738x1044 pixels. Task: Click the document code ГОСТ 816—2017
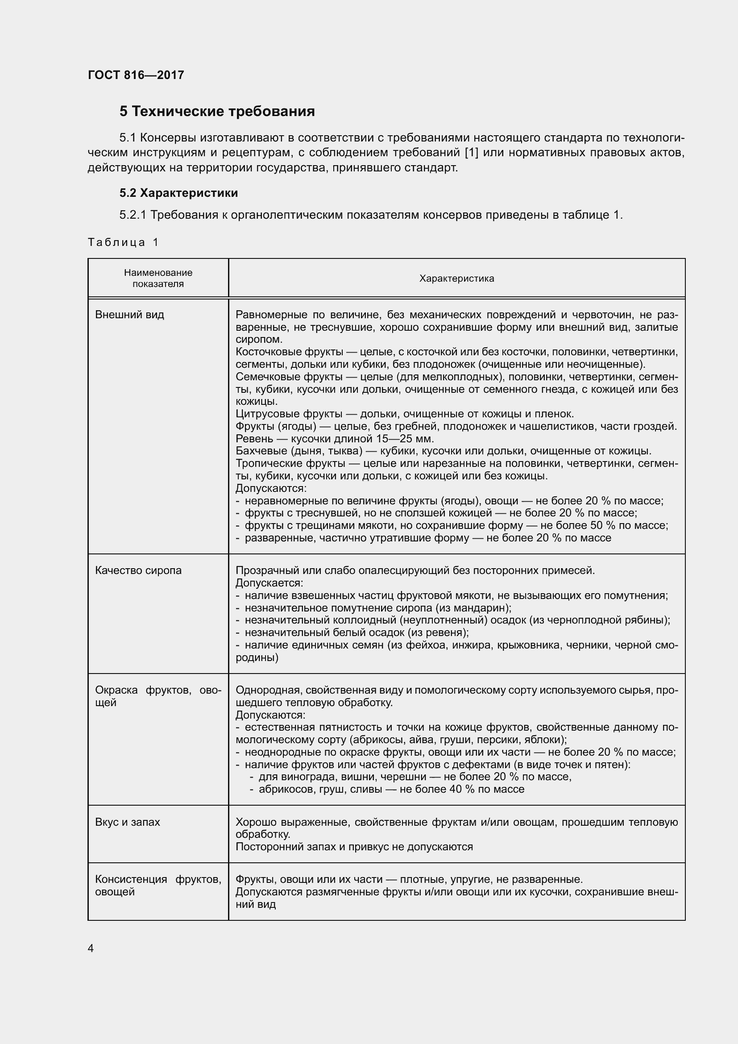pyautogui.click(x=136, y=75)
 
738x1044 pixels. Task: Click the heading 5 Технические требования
pyautogui.click(x=217, y=112)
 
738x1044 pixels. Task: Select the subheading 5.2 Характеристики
pyautogui.click(x=178, y=193)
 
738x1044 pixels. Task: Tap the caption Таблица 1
pyautogui.click(x=123, y=242)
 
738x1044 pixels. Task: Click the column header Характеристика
pyautogui.click(x=456, y=278)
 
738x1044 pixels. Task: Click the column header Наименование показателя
pyautogui.click(x=158, y=278)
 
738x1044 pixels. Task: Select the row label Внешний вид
pyautogui.click(x=129, y=315)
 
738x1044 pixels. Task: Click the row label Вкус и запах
pyautogui.click(x=128, y=822)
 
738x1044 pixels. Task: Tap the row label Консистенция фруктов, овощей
pyautogui.click(x=158, y=885)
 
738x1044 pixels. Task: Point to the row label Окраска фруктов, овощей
pyautogui.click(x=158, y=696)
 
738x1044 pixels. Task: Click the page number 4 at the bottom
pyautogui.click(x=91, y=948)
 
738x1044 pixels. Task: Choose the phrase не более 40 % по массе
pyautogui.click(x=462, y=789)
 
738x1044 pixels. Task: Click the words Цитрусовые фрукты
pyautogui.click(x=289, y=414)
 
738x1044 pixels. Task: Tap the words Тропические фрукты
pyautogui.click(x=289, y=463)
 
